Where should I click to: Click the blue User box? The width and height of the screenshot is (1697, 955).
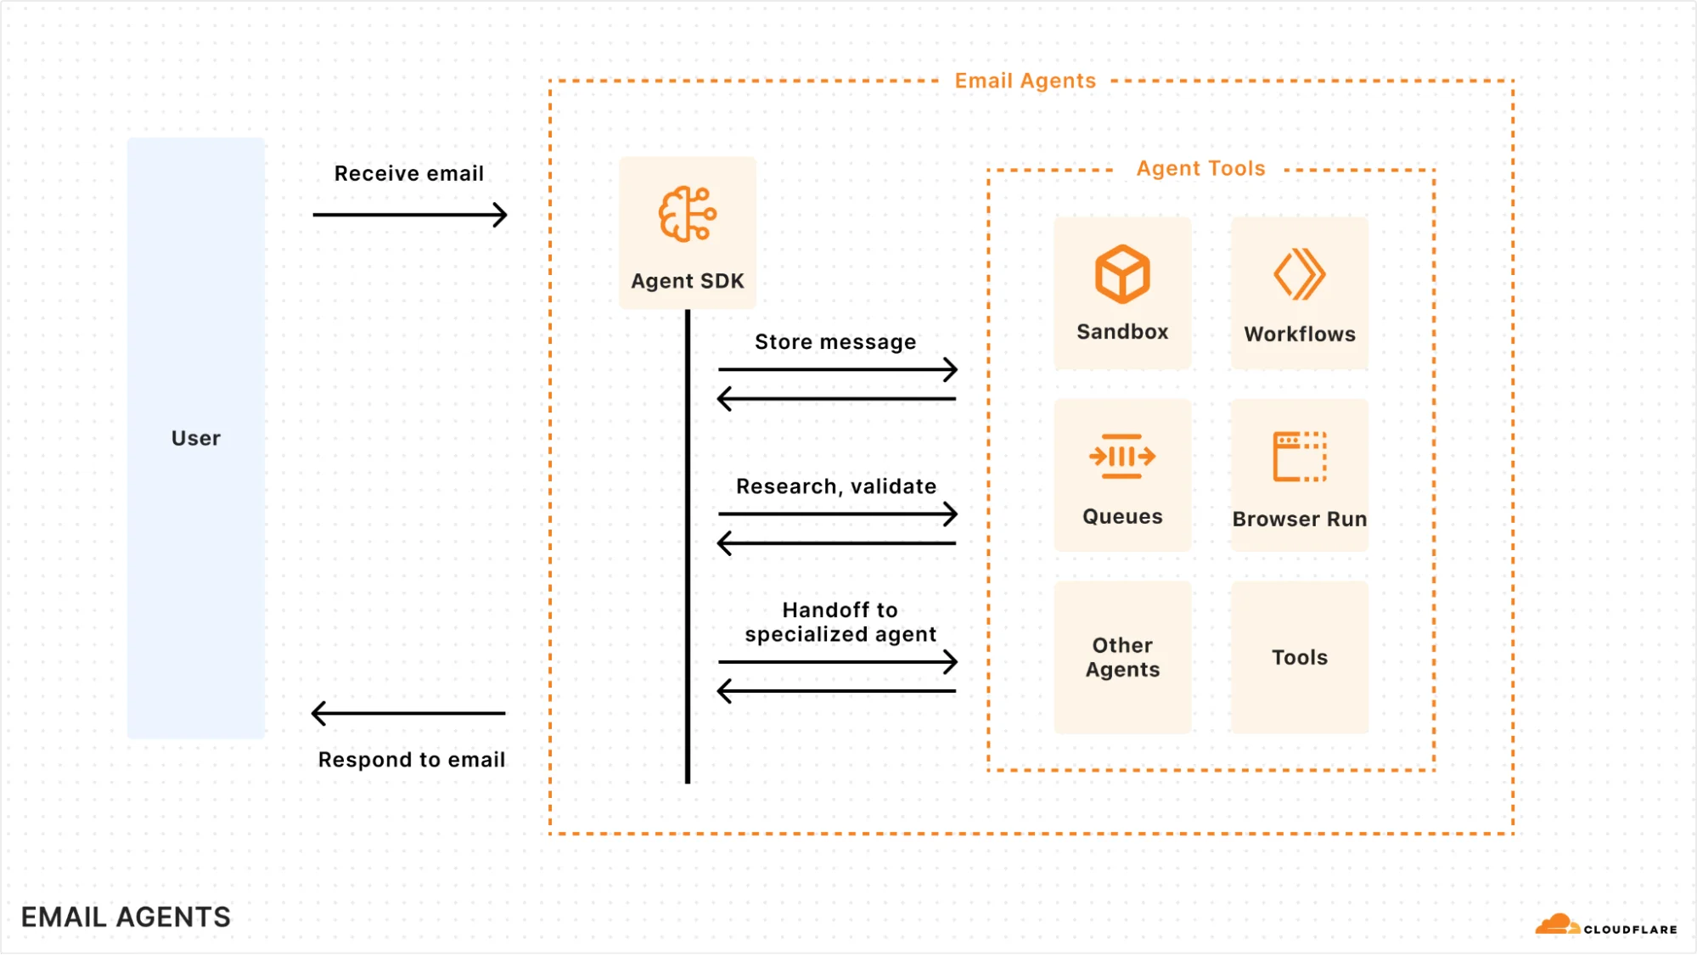195,437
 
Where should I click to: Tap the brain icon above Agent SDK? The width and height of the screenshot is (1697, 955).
687,214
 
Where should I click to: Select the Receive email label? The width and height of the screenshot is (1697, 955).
408,173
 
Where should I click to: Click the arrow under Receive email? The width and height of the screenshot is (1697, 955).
409,215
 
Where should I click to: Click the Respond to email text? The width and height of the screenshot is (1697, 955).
411,759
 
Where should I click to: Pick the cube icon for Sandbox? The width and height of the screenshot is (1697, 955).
1122,274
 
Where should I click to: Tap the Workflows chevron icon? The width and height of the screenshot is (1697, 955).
1299,274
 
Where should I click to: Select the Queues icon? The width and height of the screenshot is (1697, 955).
1122,457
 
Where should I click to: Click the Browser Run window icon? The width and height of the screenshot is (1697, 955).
1299,457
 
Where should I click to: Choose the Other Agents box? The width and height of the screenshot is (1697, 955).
1122,657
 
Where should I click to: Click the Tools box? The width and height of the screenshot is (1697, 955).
1299,657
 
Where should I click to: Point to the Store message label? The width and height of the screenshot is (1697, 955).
835,341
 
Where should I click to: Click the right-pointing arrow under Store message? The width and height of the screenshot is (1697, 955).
837,369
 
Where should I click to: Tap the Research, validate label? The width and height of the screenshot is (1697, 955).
835,486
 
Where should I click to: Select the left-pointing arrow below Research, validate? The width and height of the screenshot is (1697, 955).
837,543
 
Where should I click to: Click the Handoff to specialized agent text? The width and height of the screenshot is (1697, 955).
840,621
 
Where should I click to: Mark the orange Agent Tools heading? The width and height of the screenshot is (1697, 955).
1200,168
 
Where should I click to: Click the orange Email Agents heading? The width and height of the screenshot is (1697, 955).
1025,81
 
